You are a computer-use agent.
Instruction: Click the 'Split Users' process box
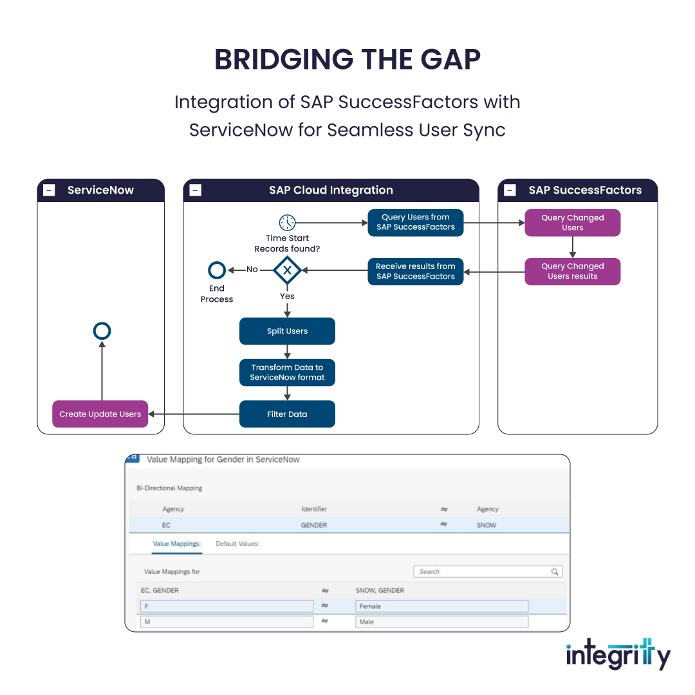287,331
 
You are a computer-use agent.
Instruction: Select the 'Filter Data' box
287,414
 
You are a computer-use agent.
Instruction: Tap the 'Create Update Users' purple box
100,414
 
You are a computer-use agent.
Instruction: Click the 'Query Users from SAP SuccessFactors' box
415,223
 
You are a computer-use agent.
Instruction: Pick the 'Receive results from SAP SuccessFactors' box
415,272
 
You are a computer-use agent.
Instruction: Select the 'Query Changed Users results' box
572,272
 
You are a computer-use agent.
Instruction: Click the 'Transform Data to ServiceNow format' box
287,373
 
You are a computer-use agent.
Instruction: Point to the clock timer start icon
287,223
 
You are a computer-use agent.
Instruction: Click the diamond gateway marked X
287,271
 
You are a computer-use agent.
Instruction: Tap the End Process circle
217,270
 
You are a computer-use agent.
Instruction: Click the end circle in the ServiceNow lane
102,331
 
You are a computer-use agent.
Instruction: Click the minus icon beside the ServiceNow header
49,190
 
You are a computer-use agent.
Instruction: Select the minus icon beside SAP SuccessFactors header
510,190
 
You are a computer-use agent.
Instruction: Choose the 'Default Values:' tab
237,544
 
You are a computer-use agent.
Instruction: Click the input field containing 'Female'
441,606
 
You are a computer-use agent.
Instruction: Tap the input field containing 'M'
227,622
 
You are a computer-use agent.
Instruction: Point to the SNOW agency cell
486,525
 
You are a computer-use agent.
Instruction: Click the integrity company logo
618,654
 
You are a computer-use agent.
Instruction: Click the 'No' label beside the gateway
252,270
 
